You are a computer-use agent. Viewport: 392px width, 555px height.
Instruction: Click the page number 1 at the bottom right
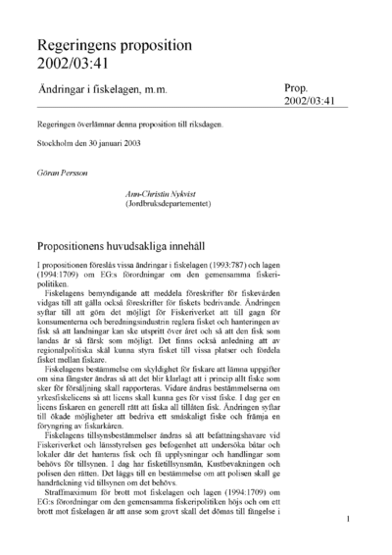[x=347, y=533]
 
